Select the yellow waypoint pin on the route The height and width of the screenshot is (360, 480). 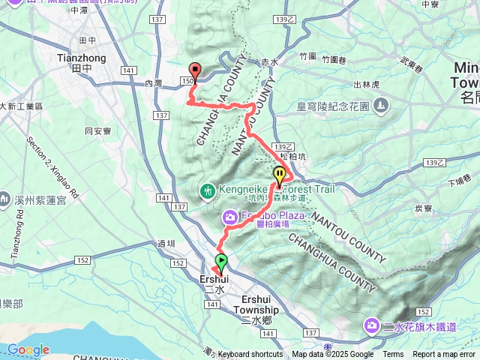click(280, 175)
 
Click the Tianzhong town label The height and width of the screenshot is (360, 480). click(82, 57)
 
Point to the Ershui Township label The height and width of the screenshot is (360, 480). click(256, 310)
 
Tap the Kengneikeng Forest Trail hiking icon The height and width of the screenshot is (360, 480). click(208, 190)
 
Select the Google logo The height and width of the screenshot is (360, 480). click(28, 349)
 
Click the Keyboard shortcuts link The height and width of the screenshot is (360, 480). click(250, 355)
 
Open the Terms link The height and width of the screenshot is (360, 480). click(393, 355)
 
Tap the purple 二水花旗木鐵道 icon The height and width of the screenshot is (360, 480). click(371, 325)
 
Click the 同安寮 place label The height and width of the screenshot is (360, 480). click(98, 130)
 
